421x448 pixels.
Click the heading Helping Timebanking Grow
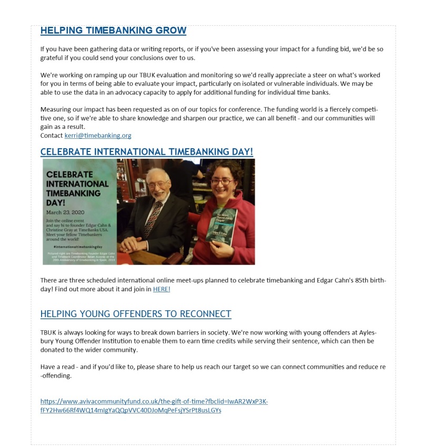(x=113, y=30)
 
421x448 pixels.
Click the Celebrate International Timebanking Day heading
(x=146, y=152)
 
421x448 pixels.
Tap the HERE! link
(x=162, y=289)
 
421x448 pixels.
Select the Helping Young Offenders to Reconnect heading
(x=136, y=314)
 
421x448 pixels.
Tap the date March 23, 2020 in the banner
(x=63, y=212)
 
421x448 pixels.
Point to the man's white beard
(x=158, y=195)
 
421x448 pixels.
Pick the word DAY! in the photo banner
(x=55, y=201)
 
